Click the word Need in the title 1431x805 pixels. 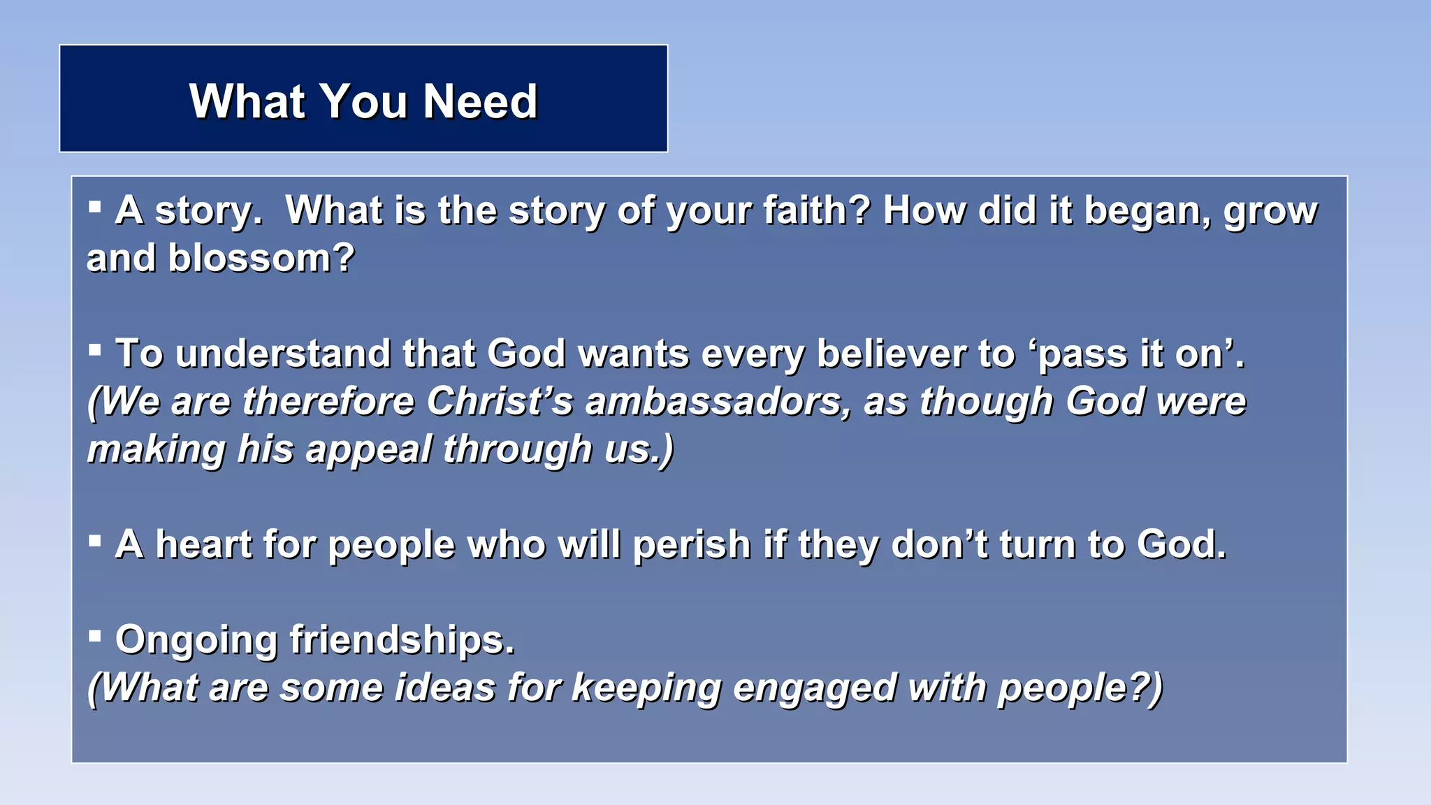tap(480, 102)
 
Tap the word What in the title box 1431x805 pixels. tap(247, 102)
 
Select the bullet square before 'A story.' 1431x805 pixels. tap(95, 207)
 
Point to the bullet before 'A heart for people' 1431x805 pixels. tap(95, 540)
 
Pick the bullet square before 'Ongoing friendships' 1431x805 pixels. tap(95, 636)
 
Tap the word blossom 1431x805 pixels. tap(261, 259)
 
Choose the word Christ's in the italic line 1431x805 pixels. tap(500, 402)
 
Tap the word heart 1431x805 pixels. tap(203, 544)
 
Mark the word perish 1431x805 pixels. tap(691, 545)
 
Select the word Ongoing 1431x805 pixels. tap(196, 641)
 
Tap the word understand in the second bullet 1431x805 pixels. tap(283, 354)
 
